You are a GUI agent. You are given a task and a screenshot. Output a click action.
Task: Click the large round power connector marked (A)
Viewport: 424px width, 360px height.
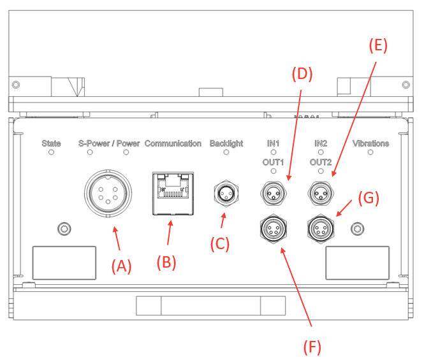point(108,192)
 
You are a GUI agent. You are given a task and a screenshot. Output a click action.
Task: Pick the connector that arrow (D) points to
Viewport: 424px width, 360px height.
point(272,191)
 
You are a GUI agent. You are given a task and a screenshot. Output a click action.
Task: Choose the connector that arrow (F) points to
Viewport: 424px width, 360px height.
point(272,227)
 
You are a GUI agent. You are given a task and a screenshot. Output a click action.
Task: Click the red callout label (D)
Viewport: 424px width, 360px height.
point(302,74)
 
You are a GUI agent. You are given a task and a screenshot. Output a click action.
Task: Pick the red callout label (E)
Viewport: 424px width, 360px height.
point(378,45)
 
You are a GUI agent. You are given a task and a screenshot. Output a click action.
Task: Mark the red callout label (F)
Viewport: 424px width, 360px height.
point(312,347)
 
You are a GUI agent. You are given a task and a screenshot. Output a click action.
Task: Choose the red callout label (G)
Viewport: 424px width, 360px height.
point(369,198)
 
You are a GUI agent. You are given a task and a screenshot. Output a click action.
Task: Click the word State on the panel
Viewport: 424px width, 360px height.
point(51,143)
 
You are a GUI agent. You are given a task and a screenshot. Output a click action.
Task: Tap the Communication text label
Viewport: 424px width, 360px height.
point(173,143)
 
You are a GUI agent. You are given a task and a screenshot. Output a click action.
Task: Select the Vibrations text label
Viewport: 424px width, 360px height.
point(370,143)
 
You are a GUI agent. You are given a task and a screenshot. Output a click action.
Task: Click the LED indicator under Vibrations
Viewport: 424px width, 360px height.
point(370,153)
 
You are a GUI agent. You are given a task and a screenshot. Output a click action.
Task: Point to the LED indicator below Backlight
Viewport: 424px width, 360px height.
point(226,153)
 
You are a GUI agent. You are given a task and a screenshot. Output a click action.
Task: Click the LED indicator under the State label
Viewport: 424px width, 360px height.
point(51,153)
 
